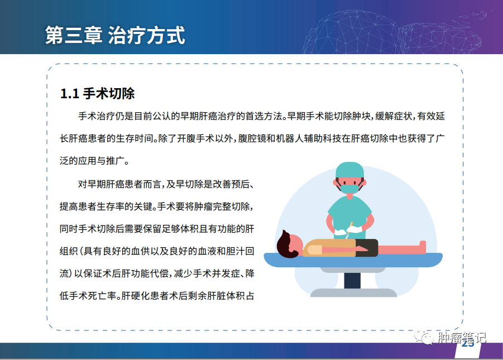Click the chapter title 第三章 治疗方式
click(115, 35)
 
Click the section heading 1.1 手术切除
click(98, 94)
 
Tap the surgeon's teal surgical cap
click(349, 170)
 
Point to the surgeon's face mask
click(350, 188)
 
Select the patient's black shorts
click(367, 247)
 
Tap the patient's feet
click(423, 247)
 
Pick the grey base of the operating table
click(353, 292)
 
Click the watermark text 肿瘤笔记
click(462, 338)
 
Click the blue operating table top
click(353, 260)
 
